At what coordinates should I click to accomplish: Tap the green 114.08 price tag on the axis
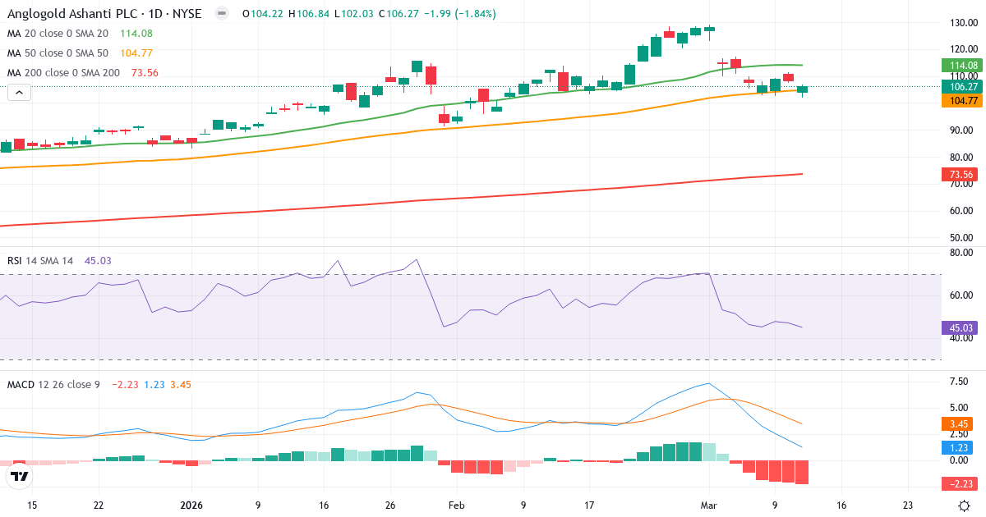(x=962, y=66)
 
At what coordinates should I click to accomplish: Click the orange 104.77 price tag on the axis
(x=962, y=101)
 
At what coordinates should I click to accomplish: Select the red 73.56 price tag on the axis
(x=962, y=174)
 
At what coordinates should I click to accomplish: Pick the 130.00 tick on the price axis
(x=961, y=23)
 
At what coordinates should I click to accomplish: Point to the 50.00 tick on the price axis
(x=961, y=238)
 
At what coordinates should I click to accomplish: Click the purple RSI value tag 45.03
(x=962, y=327)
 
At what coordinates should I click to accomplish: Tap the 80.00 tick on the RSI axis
(x=961, y=253)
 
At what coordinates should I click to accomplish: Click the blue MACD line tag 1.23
(x=962, y=447)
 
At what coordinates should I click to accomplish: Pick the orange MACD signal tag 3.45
(x=962, y=424)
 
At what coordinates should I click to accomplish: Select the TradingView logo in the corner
(x=20, y=476)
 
